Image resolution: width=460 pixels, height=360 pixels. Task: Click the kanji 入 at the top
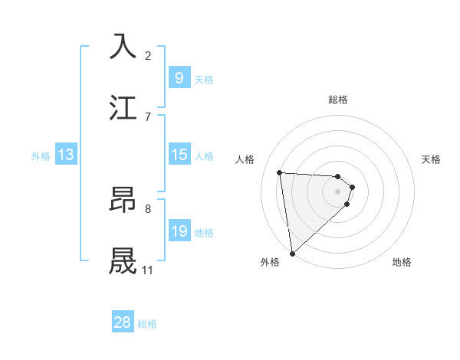click(x=123, y=45)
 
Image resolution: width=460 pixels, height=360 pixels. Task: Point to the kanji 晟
click(x=123, y=260)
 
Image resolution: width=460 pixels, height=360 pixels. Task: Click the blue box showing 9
click(x=179, y=78)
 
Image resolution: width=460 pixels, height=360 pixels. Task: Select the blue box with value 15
click(x=179, y=155)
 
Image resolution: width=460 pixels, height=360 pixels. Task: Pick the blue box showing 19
click(x=179, y=231)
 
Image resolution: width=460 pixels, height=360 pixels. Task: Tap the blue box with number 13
click(x=66, y=155)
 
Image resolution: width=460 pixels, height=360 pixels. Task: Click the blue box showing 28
click(x=123, y=322)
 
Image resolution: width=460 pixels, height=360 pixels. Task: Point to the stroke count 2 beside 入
click(x=148, y=55)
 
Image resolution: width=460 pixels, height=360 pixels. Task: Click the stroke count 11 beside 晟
click(x=147, y=270)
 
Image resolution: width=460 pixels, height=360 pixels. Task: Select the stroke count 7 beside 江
click(x=148, y=116)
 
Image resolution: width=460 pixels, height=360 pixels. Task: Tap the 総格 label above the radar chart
click(x=338, y=100)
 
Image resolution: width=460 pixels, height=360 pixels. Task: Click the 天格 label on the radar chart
click(x=432, y=159)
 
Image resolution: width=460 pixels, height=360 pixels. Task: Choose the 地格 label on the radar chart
click(x=402, y=262)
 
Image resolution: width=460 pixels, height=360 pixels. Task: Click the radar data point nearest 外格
click(x=292, y=253)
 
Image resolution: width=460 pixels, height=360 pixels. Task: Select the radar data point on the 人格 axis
click(x=280, y=172)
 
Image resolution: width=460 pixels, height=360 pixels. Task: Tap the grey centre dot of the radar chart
click(x=338, y=191)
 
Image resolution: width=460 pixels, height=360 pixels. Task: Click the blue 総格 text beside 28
click(x=147, y=324)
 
